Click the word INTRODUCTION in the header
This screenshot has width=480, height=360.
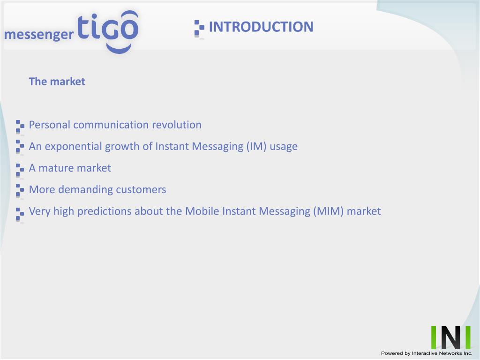[261, 27]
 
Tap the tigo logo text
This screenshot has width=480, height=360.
[108, 30]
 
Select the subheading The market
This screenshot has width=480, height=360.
[57, 82]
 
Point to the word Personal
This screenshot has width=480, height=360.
[50, 125]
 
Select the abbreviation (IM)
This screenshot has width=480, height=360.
[256, 146]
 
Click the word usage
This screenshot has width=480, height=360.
[284, 147]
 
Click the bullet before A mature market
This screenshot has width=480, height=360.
[20, 171]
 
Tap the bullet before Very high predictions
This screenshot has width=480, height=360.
[20, 215]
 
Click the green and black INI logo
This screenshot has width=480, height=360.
[450, 337]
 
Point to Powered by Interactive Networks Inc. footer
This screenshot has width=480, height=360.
[427, 353]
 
